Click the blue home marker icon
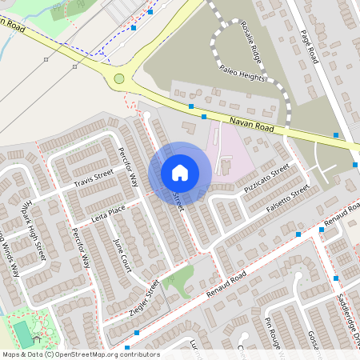tap(180, 172)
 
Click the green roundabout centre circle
tap(119, 78)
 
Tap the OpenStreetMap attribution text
tap(80, 354)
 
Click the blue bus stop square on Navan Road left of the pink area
tap(191, 106)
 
